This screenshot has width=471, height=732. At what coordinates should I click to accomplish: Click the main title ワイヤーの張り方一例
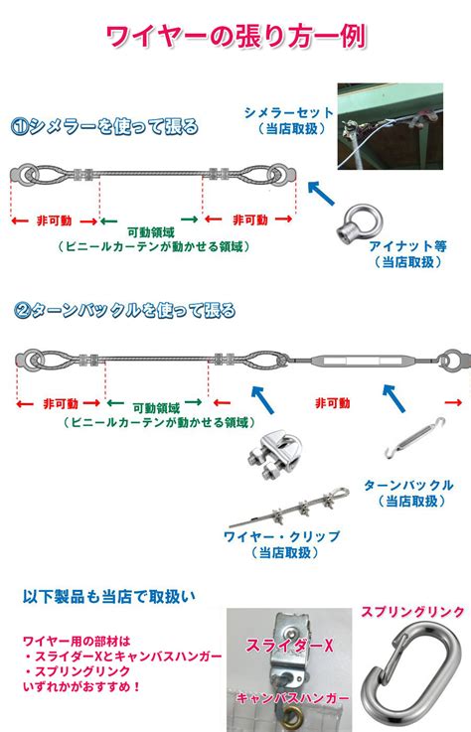coord(235,36)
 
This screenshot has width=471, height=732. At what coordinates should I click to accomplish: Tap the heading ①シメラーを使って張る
coord(104,126)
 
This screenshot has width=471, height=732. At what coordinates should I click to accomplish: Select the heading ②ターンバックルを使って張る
coord(125,310)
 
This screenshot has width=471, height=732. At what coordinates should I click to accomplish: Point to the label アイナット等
coord(407,246)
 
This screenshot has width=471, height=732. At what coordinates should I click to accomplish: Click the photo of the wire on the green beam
coord(391,126)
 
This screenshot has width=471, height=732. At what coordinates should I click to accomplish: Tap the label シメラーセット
coord(289,112)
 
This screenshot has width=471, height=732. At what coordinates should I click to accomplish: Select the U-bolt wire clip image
coord(274,454)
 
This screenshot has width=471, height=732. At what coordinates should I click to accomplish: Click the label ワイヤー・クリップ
coord(282,536)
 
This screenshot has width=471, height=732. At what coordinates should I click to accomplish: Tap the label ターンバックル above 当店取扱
coord(408,486)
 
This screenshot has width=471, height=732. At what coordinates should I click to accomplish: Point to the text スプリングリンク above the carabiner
coord(412,612)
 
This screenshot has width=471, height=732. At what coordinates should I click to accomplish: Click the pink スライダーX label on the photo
coord(290,646)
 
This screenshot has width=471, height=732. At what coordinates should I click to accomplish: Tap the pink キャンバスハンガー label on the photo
coord(293,698)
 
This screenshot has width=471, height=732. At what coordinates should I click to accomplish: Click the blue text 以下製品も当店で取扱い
coord(109,596)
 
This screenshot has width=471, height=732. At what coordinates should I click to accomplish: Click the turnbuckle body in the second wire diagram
coord(360,361)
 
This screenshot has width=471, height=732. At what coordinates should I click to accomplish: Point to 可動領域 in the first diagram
coord(150,232)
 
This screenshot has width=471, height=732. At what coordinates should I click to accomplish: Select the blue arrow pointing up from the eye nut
coord(321,194)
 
